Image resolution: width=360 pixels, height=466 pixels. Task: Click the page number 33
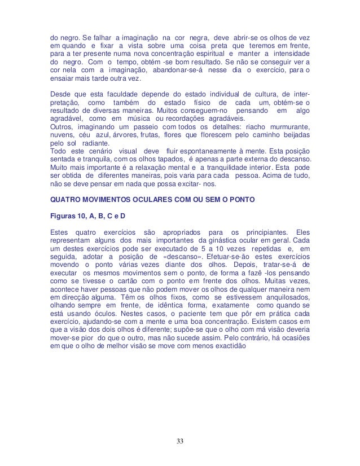click(x=179, y=440)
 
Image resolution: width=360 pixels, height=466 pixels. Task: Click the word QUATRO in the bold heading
click(x=68, y=199)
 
